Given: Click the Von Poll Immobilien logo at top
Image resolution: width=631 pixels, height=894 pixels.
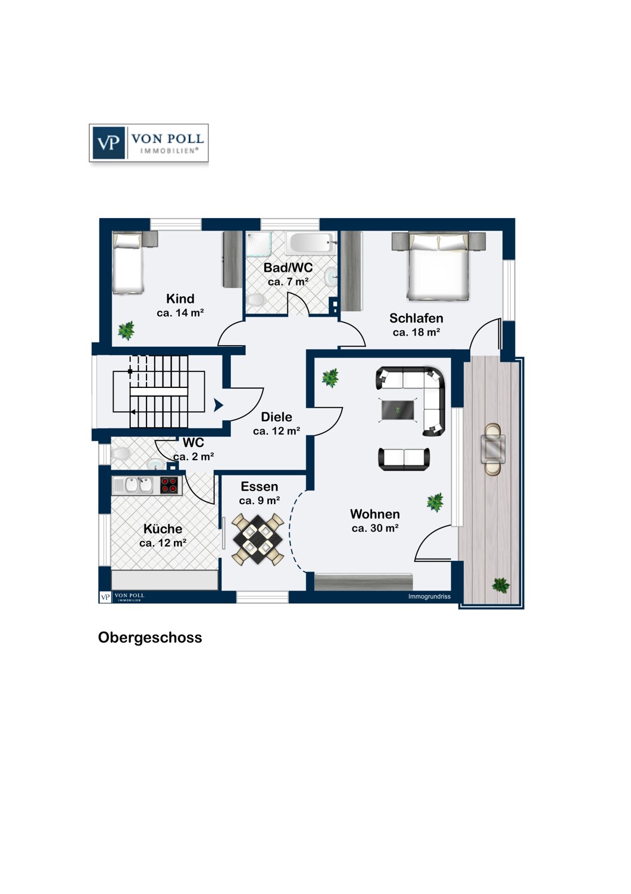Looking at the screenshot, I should (x=149, y=143).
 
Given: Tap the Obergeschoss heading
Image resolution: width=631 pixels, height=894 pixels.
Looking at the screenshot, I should (x=150, y=637).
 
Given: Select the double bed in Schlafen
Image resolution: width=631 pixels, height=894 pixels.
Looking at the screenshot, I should (x=438, y=267).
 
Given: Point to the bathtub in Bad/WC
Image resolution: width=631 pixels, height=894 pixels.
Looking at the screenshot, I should (x=309, y=243).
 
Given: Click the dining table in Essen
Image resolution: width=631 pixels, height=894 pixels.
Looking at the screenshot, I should (x=257, y=539).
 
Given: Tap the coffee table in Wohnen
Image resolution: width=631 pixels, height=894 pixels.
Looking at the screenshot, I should (x=398, y=409).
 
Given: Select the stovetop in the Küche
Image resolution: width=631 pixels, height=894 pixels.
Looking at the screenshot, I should (x=170, y=485).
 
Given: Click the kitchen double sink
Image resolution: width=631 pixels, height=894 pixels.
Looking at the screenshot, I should (x=139, y=485).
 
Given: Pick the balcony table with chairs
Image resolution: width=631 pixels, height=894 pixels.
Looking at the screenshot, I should (x=493, y=449).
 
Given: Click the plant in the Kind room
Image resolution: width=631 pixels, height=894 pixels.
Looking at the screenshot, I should (x=126, y=330).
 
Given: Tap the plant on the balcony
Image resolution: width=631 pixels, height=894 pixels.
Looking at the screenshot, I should (x=501, y=585).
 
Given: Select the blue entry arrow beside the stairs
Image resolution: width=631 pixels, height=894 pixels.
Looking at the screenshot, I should (x=218, y=405).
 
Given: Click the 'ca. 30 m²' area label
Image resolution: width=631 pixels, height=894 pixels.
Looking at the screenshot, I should (x=375, y=528).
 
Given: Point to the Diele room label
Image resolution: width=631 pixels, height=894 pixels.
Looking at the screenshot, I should (x=277, y=417).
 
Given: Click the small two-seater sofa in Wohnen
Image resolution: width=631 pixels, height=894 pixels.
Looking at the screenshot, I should (x=404, y=458).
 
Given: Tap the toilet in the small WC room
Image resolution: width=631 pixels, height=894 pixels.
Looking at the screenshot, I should (x=121, y=454).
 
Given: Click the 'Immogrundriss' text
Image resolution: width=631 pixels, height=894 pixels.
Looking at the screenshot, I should (x=429, y=597).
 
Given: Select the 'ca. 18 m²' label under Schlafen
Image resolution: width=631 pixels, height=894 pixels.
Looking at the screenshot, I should (x=416, y=333).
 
